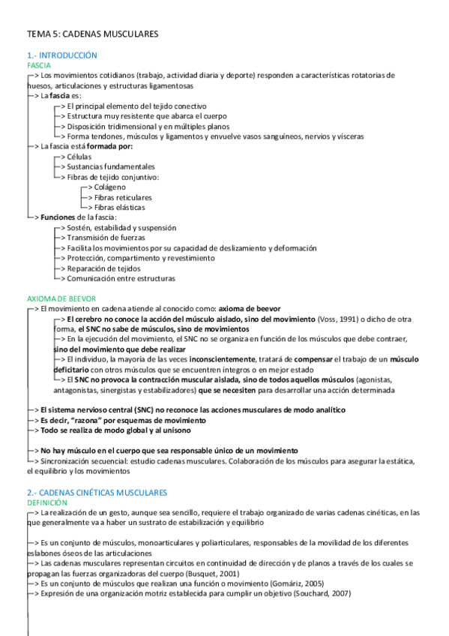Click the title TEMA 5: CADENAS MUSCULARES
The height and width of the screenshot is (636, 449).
click(x=92, y=34)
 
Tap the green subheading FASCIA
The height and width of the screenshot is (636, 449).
click(x=39, y=65)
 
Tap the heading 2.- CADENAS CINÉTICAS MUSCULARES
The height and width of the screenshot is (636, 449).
click(x=97, y=492)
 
